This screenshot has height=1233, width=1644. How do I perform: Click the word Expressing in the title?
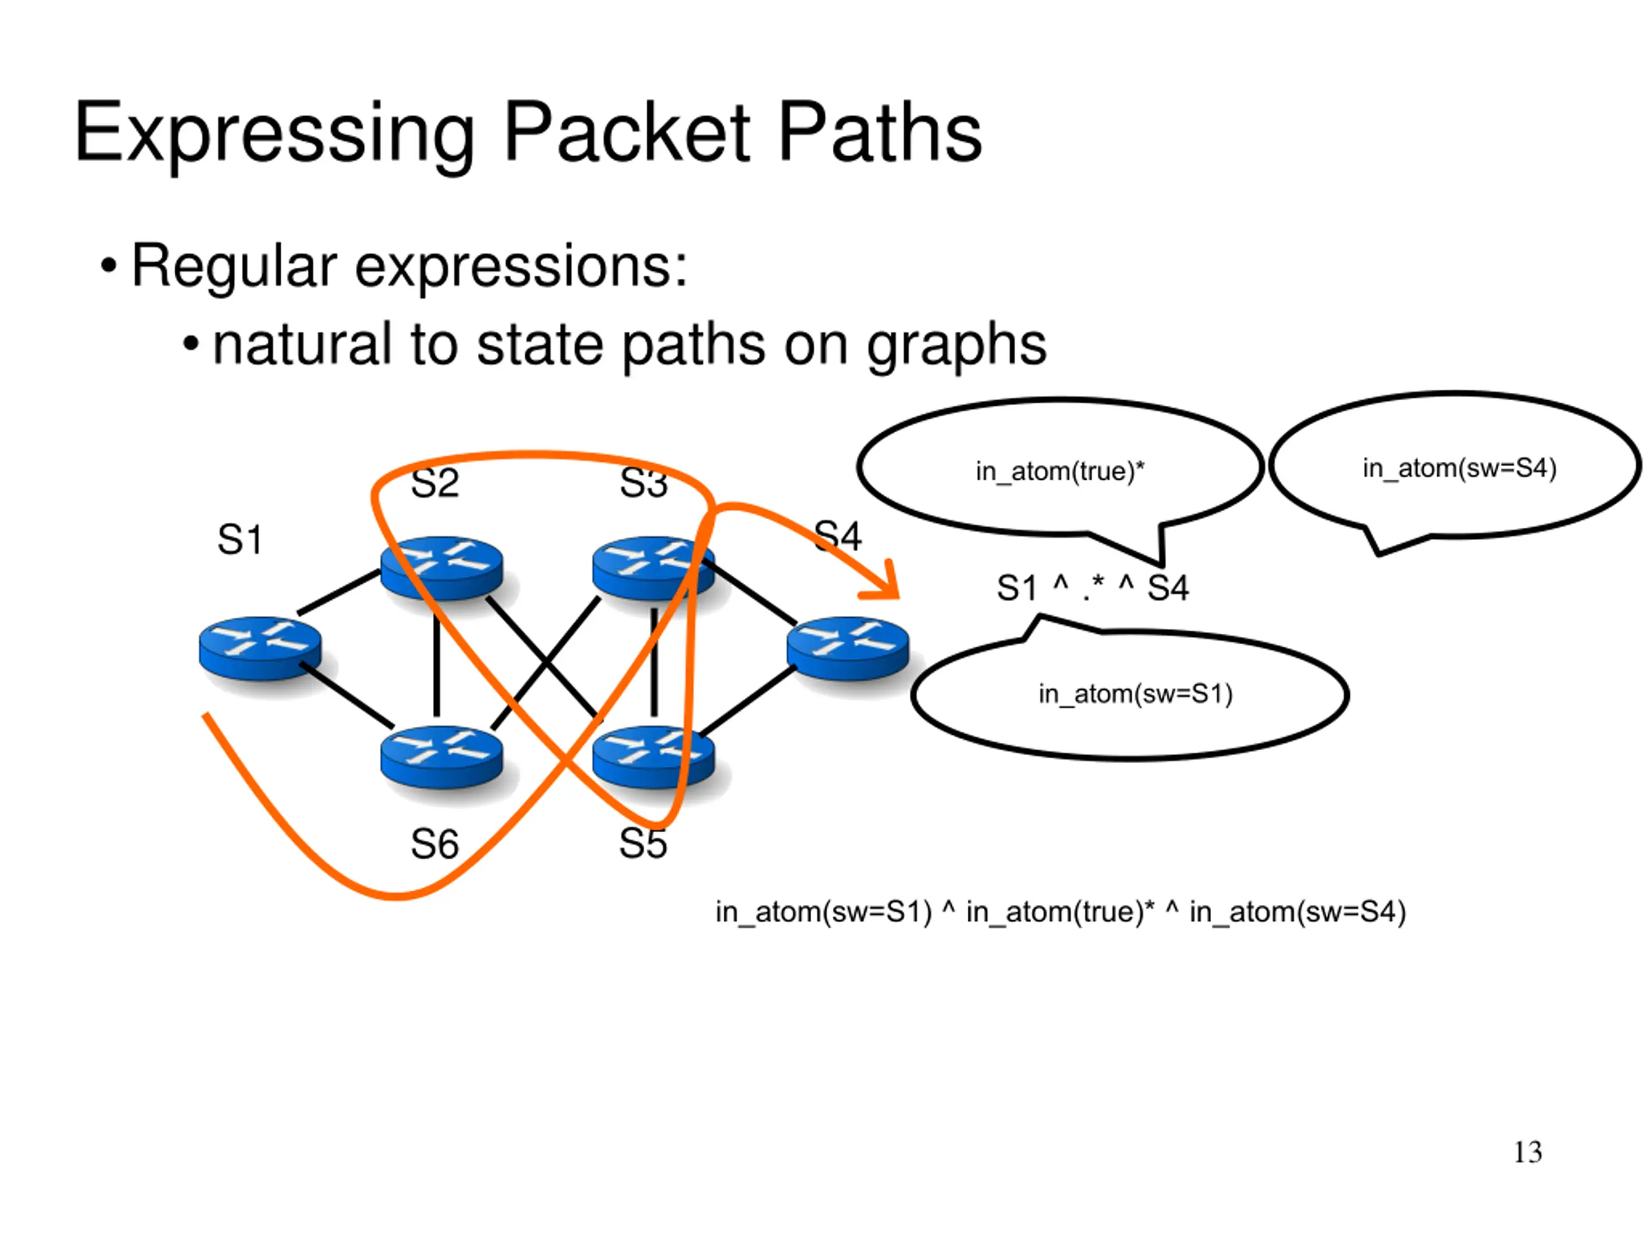274,134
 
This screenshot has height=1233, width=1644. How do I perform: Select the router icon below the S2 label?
441,568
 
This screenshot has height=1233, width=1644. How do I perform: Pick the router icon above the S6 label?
441,757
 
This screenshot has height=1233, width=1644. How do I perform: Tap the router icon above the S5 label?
653,757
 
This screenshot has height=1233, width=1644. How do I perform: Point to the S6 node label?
435,844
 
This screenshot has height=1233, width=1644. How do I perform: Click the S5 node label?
643,844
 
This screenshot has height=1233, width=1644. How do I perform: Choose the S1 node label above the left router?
240,539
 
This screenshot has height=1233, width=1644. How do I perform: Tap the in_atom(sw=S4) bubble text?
1459,468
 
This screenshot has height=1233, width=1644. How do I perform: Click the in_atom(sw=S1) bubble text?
1135,694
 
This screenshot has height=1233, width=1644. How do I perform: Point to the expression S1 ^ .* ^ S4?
1092,588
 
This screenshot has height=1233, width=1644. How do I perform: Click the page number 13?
1528,1153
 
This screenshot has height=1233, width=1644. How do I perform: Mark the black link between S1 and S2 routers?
340,592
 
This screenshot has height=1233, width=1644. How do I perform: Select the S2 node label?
435,484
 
